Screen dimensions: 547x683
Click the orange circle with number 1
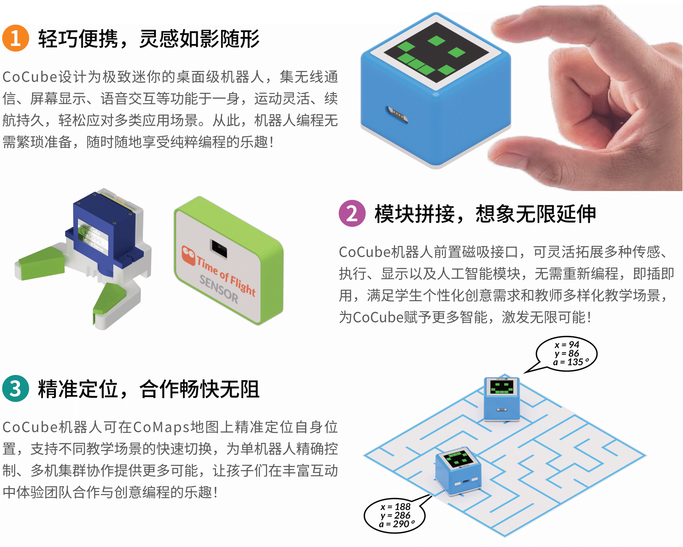coord(15,38)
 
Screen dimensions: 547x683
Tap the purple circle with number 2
coord(352,213)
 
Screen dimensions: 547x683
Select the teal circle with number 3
coord(15,388)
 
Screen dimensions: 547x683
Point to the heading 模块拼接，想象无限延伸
coord(485,214)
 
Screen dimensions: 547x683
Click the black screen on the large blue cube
coord(436,53)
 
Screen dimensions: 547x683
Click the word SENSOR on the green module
coord(219,289)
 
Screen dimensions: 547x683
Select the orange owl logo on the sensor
coord(188,255)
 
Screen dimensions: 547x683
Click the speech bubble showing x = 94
coord(567,353)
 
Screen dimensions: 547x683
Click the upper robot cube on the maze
coord(502,399)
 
